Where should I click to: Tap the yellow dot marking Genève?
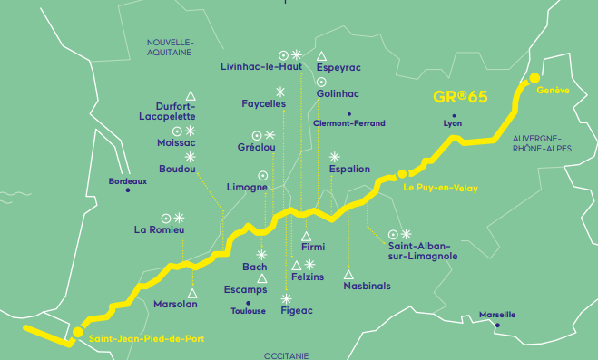(x=535, y=79)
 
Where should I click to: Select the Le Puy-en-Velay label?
(x=439, y=188)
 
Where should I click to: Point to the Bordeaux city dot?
(x=128, y=190)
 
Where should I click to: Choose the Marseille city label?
(x=497, y=315)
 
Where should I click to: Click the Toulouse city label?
(x=249, y=311)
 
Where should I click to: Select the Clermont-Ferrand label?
(x=348, y=123)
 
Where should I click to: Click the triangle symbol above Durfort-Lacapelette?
(x=191, y=95)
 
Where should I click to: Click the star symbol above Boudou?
(x=191, y=157)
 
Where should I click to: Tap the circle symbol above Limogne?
(x=263, y=175)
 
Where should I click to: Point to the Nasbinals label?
(x=367, y=286)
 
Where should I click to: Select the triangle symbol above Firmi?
(x=306, y=236)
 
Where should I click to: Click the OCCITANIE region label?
(x=288, y=355)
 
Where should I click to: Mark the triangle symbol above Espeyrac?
(x=321, y=55)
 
